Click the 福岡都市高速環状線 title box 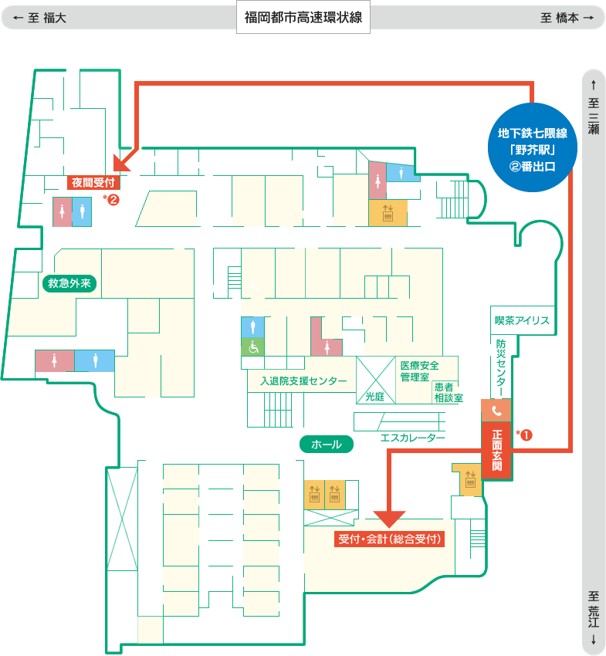click(303, 17)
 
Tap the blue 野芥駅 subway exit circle click(533, 147)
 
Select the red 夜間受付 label click(93, 182)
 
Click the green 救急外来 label click(69, 283)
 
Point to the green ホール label click(327, 445)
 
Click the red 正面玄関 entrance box click(497, 450)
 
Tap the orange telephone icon click(496, 411)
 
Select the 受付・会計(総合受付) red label click(389, 539)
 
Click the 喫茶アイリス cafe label click(522, 320)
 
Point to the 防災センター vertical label click(500, 367)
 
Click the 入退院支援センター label click(303, 380)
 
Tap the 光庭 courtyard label click(374, 396)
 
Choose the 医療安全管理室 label click(419, 371)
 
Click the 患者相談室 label click(449, 392)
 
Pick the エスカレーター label click(413, 438)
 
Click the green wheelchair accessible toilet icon click(252, 347)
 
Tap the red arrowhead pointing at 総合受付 click(389, 519)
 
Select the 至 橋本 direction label click(567, 18)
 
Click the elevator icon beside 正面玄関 click(470, 480)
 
